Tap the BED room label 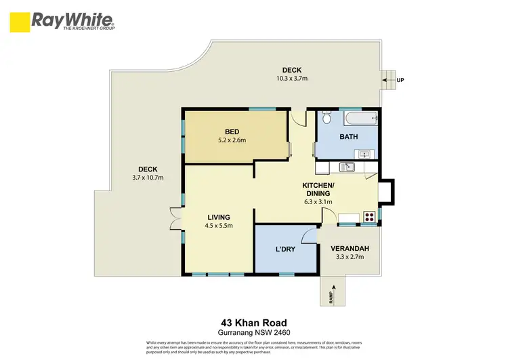(x=232, y=132)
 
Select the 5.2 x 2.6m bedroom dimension (x=232, y=140)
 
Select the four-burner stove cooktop (x=369, y=218)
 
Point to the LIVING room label (x=219, y=217)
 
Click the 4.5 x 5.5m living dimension (x=219, y=226)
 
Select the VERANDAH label (x=352, y=249)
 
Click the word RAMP (x=331, y=296)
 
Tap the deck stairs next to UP (x=388, y=79)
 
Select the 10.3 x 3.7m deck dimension (x=291, y=79)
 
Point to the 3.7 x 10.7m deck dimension (x=148, y=178)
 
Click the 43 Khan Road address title (x=253, y=323)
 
